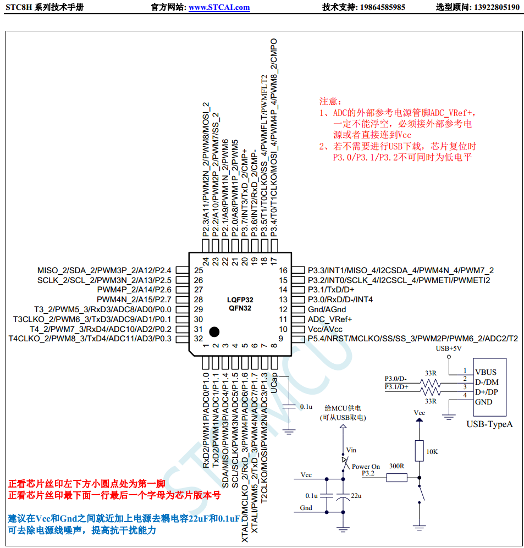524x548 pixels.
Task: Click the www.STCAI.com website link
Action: tap(219, 8)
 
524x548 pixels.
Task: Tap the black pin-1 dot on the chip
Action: tap(213, 331)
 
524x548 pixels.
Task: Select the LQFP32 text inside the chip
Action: tap(240, 300)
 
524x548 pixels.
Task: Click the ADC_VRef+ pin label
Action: tap(329, 319)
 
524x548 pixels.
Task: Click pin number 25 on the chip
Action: tap(198, 270)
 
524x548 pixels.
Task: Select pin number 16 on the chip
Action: tap(283, 270)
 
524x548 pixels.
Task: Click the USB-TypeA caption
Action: tap(489, 424)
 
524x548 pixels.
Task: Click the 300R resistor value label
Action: tap(396, 466)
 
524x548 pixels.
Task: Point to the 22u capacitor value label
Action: tap(356, 496)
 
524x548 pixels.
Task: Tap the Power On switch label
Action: tap(366, 467)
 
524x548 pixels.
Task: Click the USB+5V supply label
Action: tap(448, 348)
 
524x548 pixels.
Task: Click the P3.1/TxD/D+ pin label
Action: tap(330, 290)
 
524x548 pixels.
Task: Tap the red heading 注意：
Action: tap(330, 102)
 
